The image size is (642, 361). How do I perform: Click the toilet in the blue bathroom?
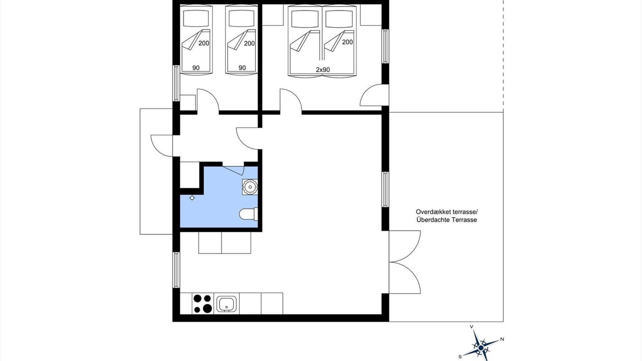tap(248, 214)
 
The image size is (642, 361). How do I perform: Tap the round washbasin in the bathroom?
tap(250, 187)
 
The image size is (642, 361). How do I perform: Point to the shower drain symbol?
tap(192, 198)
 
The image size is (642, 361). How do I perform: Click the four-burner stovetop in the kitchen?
tap(203, 303)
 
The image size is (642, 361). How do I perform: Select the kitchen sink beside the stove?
tap(227, 304)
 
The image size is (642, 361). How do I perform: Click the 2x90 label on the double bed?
tap(323, 70)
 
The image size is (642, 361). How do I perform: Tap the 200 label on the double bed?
tap(348, 42)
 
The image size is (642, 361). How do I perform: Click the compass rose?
tap(481, 347)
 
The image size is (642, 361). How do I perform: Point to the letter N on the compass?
tap(502, 339)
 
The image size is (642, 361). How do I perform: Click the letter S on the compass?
tap(460, 356)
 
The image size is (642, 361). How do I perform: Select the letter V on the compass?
tap(471, 327)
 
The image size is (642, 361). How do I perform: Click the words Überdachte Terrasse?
tap(447, 220)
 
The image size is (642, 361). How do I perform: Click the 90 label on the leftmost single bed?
tap(196, 68)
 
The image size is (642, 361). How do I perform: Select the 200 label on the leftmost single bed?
tap(204, 43)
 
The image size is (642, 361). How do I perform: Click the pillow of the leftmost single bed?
tap(196, 19)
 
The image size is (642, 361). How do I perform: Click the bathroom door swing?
tap(233, 170)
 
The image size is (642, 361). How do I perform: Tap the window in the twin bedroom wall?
tap(176, 83)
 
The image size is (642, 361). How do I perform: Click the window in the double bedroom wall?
tap(386, 46)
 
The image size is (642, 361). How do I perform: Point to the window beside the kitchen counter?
tap(176, 270)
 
